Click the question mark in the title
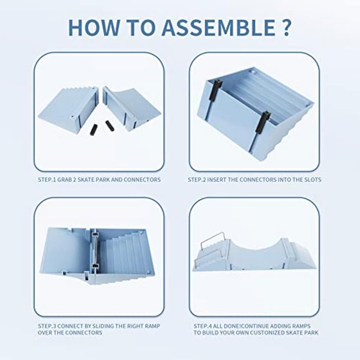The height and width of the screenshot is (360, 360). click(x=286, y=27)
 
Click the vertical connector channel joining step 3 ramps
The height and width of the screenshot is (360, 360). click(x=95, y=253)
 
